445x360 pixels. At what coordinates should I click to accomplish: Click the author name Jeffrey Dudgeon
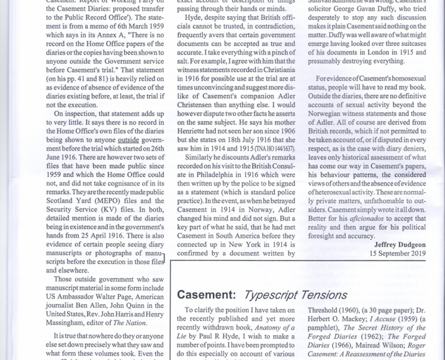click(x=400, y=244)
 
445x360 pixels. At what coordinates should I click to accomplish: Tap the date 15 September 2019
click(x=398, y=253)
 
